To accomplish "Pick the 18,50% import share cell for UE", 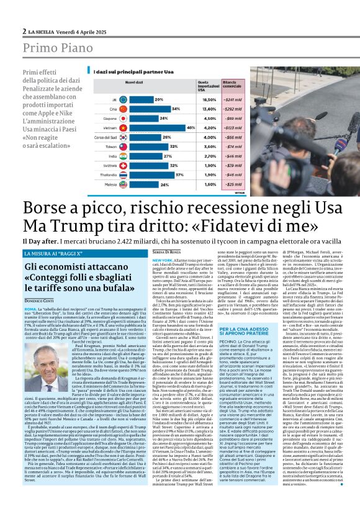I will tap(209, 99).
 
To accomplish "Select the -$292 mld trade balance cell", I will tap(233, 108).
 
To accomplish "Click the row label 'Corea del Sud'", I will tap(106, 136).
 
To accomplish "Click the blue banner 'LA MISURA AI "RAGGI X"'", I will tap(52, 253).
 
